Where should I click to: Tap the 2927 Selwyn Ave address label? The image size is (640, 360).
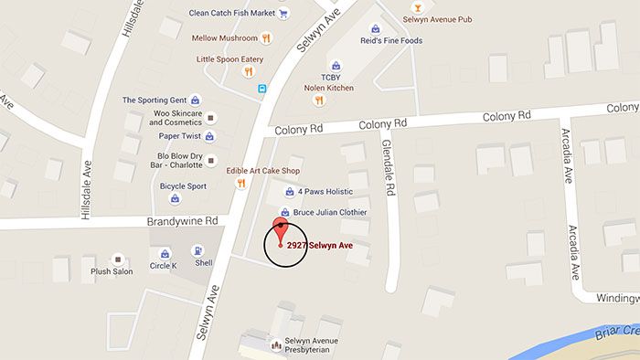click(x=319, y=246)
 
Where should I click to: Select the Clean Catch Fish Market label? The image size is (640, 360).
click(x=231, y=13)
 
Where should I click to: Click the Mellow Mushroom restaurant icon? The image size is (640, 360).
click(x=266, y=38)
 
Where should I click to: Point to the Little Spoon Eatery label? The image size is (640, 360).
click(x=229, y=59)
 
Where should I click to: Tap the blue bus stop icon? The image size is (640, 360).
click(x=262, y=90)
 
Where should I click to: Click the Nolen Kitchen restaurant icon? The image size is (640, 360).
click(x=320, y=100)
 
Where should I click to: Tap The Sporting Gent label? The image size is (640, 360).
click(x=155, y=100)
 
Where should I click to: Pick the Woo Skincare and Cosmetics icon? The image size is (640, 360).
click(x=211, y=118)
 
